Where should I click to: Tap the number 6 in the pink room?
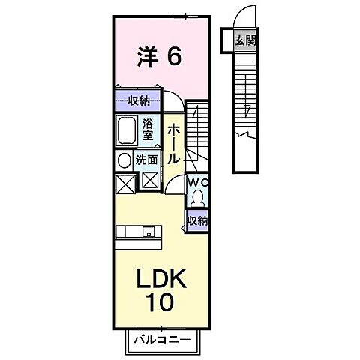point(174,56)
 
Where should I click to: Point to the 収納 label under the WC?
point(197,220)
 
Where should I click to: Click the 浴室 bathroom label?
point(148,130)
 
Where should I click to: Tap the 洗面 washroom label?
point(145,160)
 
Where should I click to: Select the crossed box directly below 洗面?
point(150,181)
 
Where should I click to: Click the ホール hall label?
point(172,145)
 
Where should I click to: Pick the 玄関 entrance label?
point(244,41)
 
